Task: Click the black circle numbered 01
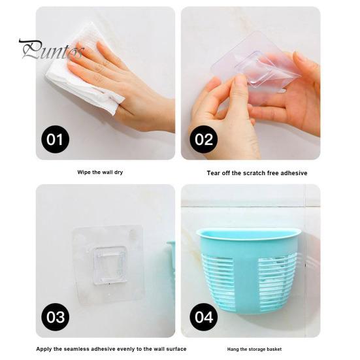[55, 139]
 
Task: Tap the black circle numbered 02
[204, 139]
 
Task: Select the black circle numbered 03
[55, 317]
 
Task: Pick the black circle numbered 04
[204, 317]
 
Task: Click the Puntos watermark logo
[52, 50]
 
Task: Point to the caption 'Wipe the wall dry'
[100, 172]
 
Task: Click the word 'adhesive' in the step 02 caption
[294, 173]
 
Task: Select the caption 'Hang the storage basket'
[254, 349]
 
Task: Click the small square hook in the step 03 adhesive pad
[110, 265]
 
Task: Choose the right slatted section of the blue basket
[276, 278]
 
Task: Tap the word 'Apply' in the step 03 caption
[44, 349]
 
